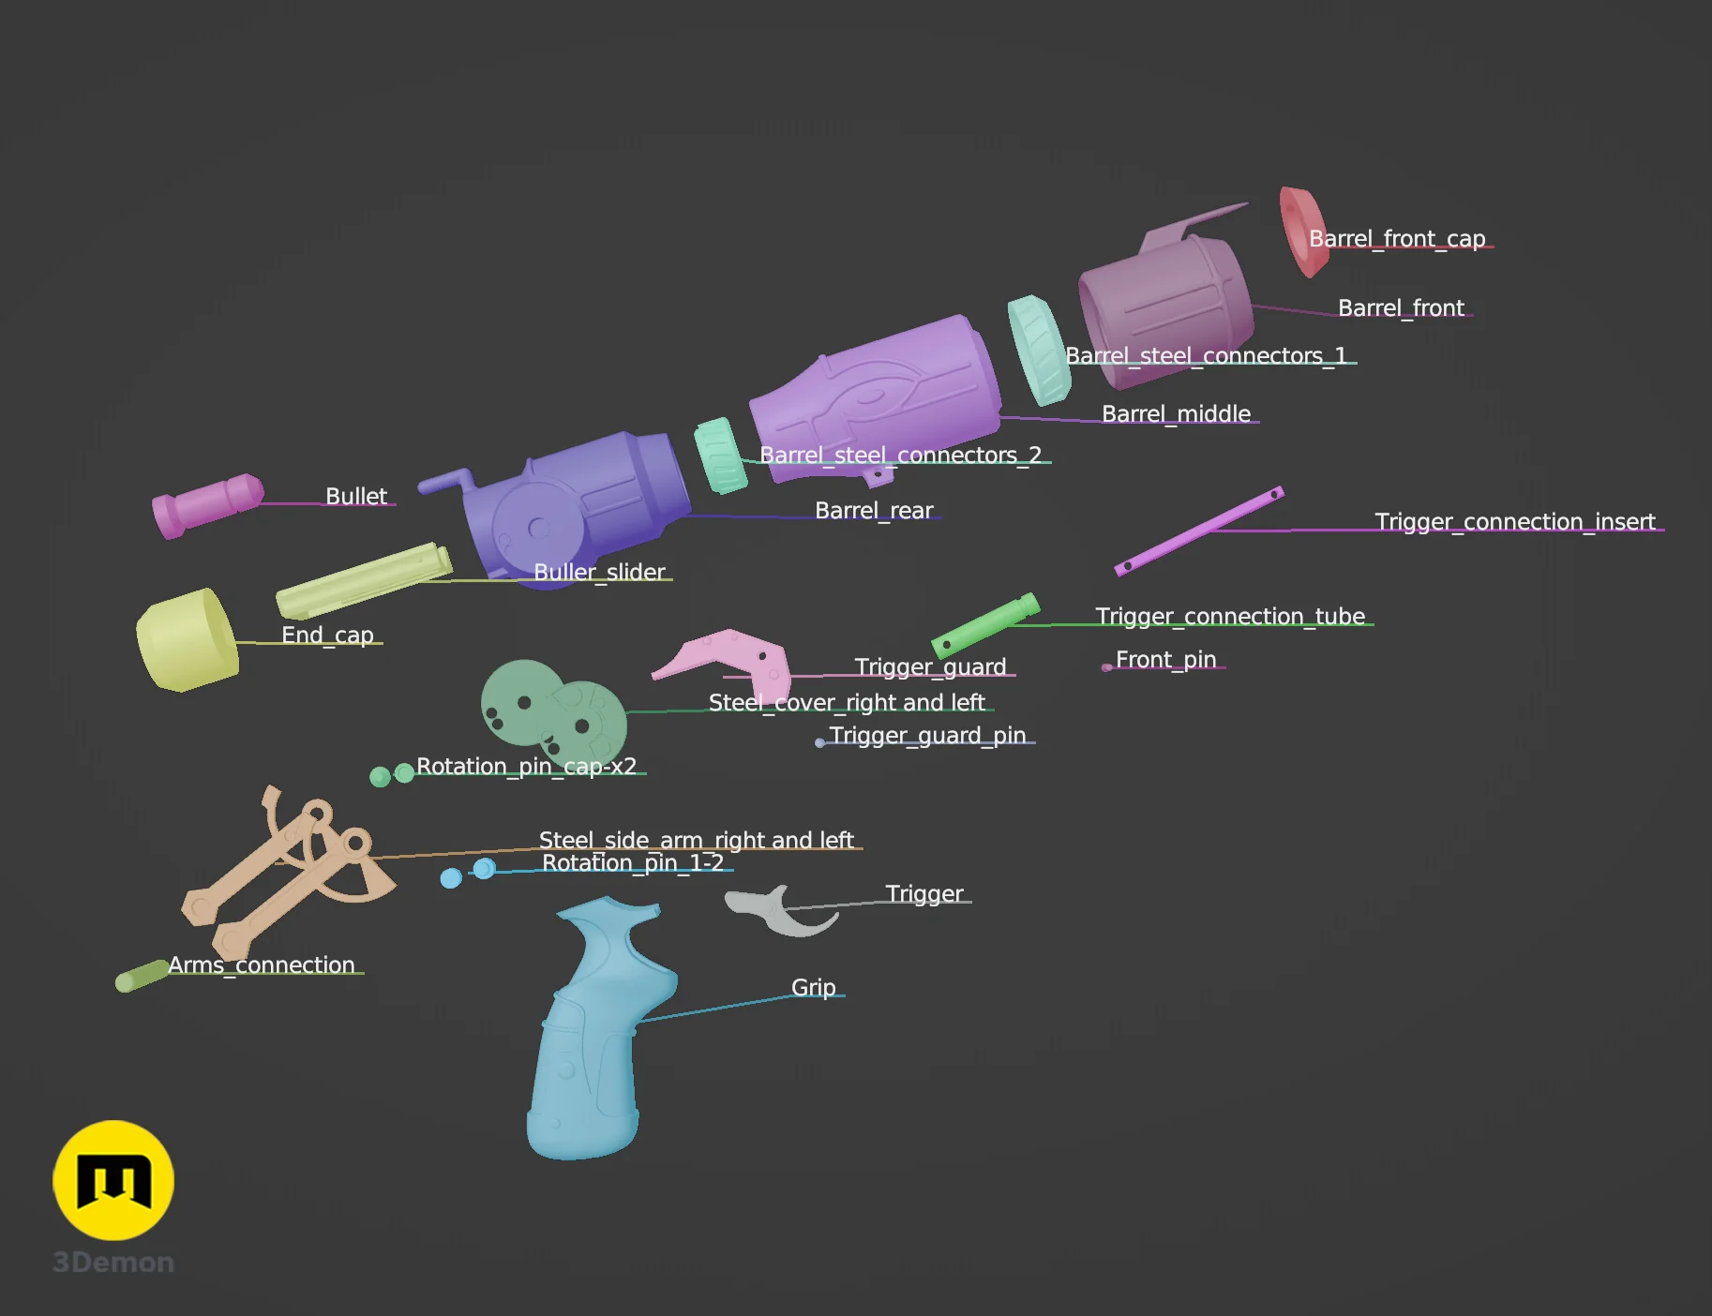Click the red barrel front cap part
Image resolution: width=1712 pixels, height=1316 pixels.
click(x=1302, y=232)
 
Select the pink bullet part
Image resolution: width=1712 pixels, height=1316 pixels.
click(x=207, y=504)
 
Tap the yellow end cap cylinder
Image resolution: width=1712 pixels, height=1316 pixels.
click(x=188, y=640)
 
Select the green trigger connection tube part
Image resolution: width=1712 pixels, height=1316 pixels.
click(x=985, y=625)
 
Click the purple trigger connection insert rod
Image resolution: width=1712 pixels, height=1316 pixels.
click(x=1199, y=531)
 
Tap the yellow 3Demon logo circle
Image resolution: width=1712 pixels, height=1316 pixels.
click(x=113, y=1180)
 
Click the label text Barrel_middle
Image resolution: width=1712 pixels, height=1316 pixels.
click(x=1176, y=413)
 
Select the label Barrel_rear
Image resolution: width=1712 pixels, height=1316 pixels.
click(x=874, y=510)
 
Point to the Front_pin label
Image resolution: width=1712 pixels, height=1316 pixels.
click(x=1165, y=659)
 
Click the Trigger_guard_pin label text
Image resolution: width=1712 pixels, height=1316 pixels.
click(x=927, y=735)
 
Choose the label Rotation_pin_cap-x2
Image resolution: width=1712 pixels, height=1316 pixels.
click(x=526, y=766)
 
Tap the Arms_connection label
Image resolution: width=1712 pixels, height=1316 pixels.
click(x=262, y=965)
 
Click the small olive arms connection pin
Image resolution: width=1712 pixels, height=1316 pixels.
click(x=142, y=976)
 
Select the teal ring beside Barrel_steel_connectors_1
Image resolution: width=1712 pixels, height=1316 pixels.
click(x=1039, y=351)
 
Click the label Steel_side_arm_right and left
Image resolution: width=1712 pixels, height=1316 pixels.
click(x=696, y=840)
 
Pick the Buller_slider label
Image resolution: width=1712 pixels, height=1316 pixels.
click(x=599, y=572)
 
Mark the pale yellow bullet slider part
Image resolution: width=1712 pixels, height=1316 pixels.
click(x=364, y=580)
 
